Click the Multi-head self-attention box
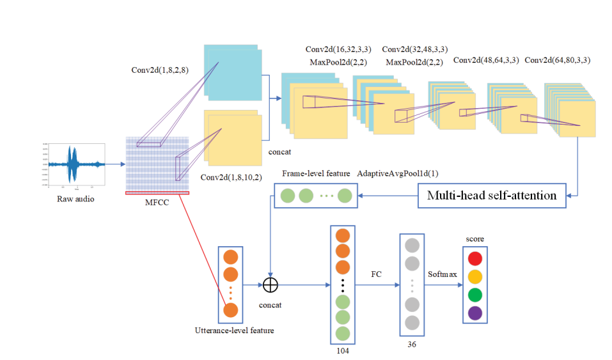492,195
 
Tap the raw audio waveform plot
75,165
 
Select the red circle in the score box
475,259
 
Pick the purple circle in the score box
475,313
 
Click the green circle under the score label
475,295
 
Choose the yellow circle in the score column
475,277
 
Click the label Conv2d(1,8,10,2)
231,177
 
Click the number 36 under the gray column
412,344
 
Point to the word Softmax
443,274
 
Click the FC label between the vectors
377,274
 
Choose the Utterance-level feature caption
235,331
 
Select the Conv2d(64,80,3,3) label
556,60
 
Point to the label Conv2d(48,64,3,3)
485,60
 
